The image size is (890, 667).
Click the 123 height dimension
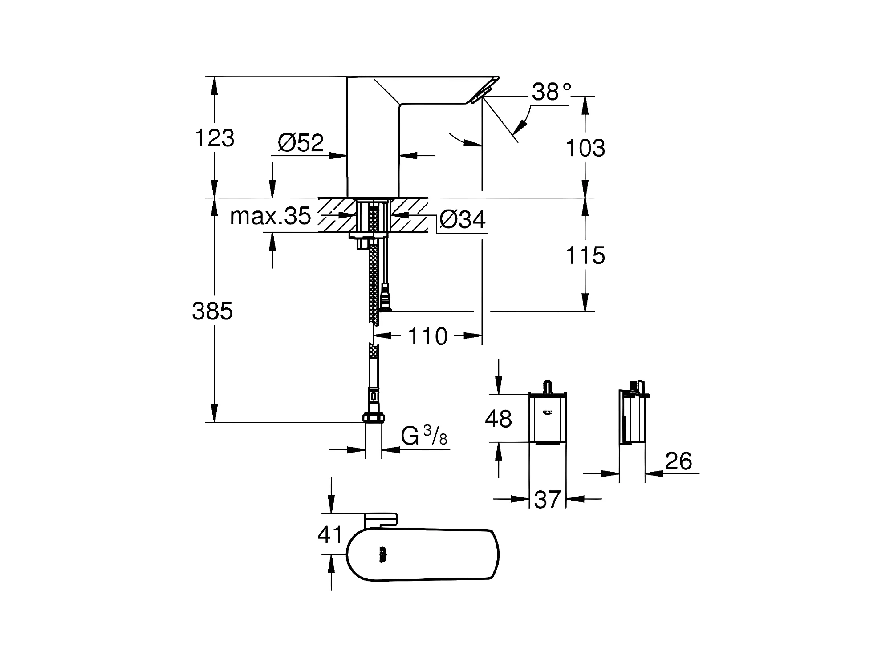pos(214,138)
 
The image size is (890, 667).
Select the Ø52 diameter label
pos(301,142)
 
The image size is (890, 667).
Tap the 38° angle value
pos(551,92)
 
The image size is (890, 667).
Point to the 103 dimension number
pos(585,148)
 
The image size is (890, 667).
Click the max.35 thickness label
pos(270,216)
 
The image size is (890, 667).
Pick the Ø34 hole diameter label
pos(462,219)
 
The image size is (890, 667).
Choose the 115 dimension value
pos(585,255)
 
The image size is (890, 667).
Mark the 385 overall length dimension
pos(212,311)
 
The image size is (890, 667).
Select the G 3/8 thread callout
pos(424,435)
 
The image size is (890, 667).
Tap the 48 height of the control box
pos(498,419)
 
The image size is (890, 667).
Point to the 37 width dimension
pos(547,499)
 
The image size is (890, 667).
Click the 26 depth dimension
pos(679,461)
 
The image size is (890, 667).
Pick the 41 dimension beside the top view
pos(330,534)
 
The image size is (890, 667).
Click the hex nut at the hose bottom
pos(374,417)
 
